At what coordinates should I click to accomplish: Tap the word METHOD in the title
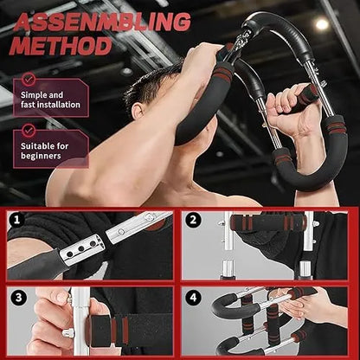pos(61,45)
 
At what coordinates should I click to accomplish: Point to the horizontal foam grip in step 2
pos(268,222)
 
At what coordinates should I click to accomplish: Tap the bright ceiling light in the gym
pos(322,24)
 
